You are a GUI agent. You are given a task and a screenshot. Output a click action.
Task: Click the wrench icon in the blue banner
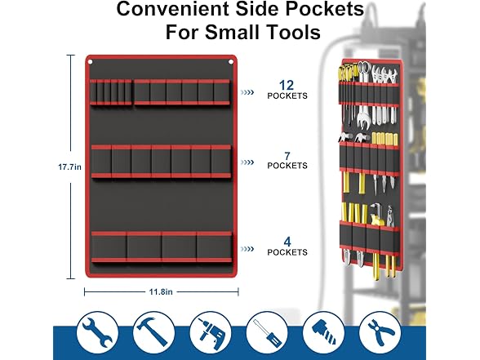(97, 332)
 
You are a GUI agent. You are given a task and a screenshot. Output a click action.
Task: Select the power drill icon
(211, 332)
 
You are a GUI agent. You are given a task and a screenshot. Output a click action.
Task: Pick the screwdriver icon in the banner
(267, 332)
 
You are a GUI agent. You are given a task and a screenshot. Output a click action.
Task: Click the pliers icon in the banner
(380, 332)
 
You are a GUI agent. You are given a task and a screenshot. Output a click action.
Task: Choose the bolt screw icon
(323, 332)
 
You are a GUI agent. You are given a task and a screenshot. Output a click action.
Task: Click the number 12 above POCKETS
(287, 85)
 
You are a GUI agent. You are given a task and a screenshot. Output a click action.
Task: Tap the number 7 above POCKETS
(287, 156)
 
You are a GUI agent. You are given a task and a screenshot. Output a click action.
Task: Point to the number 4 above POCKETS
(287, 242)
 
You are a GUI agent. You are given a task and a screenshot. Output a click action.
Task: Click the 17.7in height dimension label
(70, 167)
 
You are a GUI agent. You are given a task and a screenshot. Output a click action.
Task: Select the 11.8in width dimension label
(161, 291)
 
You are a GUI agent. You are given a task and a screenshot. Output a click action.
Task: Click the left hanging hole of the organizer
(91, 62)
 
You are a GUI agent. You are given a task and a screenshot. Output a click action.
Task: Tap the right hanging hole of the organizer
(231, 62)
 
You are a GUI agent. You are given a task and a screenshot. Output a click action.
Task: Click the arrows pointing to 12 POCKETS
(247, 92)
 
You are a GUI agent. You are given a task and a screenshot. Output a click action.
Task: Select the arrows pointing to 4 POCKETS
(247, 249)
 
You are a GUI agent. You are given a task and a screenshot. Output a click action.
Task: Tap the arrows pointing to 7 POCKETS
(247, 162)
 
